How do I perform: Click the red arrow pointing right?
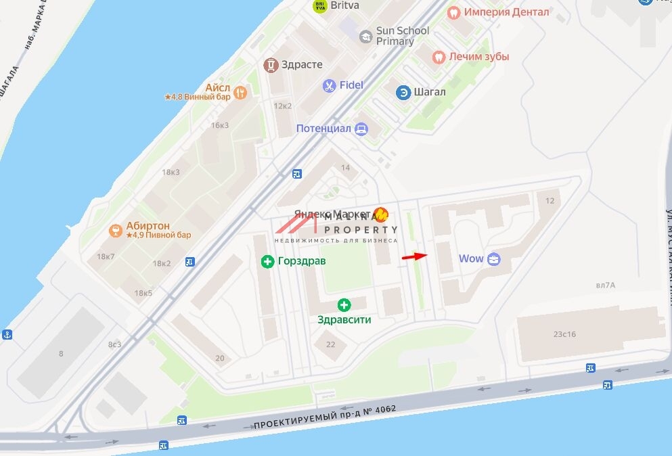coord(414,256)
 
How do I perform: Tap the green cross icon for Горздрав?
coord(269,261)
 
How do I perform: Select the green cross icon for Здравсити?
coord(344,305)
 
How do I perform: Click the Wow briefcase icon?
coord(494,259)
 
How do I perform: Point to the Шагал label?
coord(430,92)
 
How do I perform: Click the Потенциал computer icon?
coord(361,128)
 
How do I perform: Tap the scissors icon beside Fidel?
coord(329,85)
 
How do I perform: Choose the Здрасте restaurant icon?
coord(271,65)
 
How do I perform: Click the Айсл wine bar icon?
coord(239,91)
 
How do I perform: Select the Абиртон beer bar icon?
coord(116,231)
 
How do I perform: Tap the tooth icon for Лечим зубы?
coord(438,57)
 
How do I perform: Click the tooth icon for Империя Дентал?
coord(454,12)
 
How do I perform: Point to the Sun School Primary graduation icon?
coord(365,36)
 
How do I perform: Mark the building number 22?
coord(330,344)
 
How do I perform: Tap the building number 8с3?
coord(114,344)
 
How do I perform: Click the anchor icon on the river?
coord(7,335)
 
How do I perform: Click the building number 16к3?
coord(220,125)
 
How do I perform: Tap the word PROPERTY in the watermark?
coord(365,229)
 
